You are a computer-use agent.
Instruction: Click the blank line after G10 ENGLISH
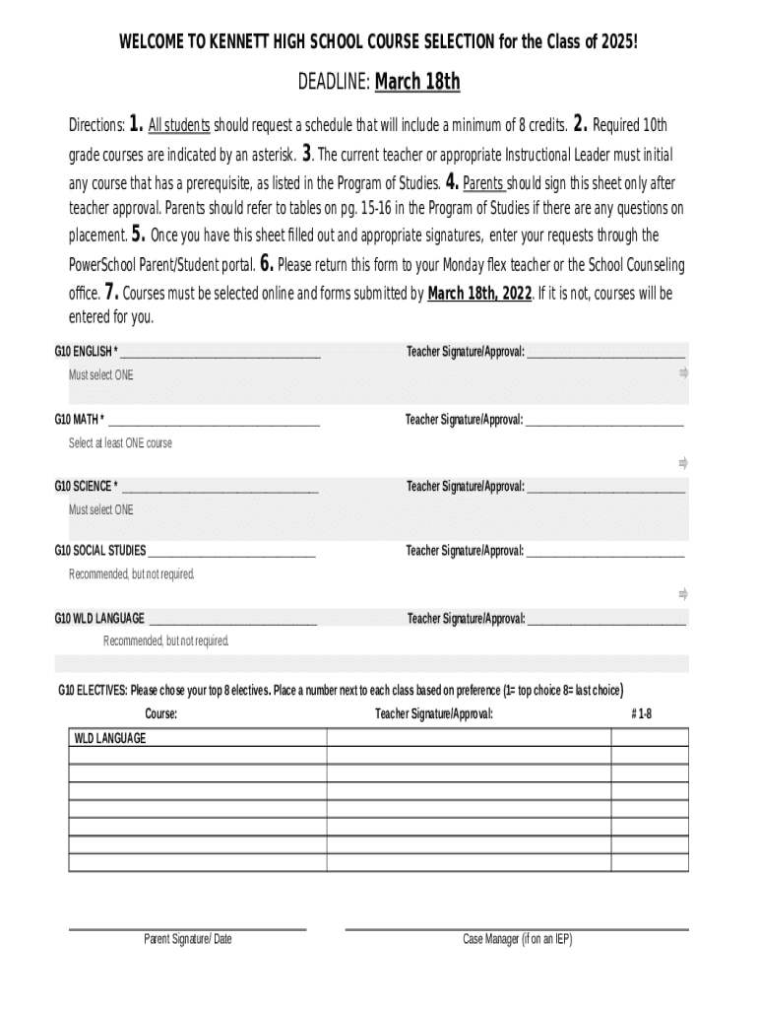(x=220, y=354)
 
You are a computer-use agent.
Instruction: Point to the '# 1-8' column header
(x=641, y=713)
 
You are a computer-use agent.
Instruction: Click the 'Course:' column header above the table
(x=161, y=713)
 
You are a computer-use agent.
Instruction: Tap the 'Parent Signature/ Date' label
(x=188, y=939)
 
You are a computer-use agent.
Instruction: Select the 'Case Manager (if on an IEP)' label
(x=517, y=939)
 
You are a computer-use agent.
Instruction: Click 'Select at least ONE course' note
(x=120, y=443)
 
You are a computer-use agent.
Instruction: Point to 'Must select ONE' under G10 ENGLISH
(x=100, y=375)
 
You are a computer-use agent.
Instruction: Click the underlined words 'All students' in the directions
(x=179, y=125)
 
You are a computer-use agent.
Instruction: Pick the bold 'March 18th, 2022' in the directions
(x=479, y=294)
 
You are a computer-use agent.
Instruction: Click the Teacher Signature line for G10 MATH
(x=604, y=423)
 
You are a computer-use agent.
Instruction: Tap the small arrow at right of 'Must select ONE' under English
(x=683, y=372)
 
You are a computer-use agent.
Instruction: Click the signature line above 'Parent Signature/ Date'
(x=187, y=928)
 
